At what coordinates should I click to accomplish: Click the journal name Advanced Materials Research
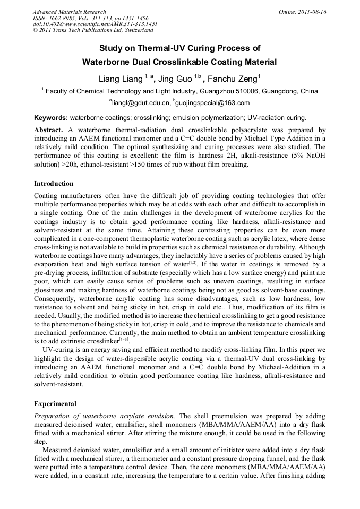(x=69, y=12)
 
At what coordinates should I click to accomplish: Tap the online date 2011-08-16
(x=312, y=12)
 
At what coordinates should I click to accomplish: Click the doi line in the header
(x=95, y=24)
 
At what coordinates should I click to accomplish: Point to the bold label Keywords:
(x=51, y=118)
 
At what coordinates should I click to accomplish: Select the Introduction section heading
(x=54, y=184)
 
